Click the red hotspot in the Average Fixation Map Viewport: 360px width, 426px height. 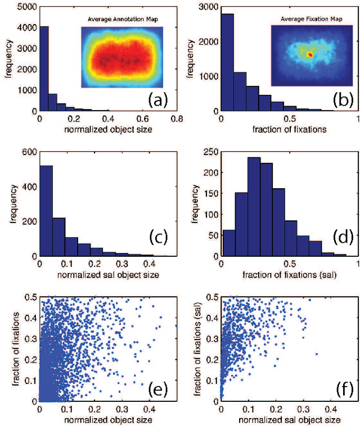(309, 55)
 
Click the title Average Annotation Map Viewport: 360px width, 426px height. (121, 20)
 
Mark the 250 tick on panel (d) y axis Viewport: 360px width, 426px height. (211, 152)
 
